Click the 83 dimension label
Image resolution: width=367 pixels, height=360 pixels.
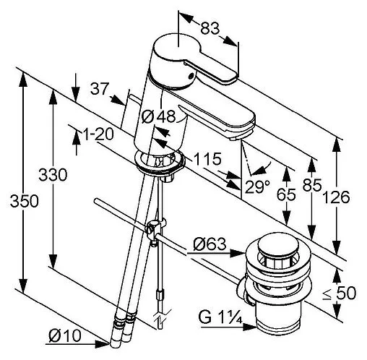(x=210, y=28)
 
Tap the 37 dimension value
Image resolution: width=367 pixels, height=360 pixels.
(x=100, y=89)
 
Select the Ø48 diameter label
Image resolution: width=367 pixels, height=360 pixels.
(x=158, y=117)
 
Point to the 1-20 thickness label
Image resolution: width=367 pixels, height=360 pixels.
(x=98, y=134)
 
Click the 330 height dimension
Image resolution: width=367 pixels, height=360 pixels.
(x=53, y=175)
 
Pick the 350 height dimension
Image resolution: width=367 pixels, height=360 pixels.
(x=24, y=201)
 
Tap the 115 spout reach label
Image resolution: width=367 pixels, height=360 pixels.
(x=207, y=159)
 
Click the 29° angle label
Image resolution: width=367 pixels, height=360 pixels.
(x=257, y=187)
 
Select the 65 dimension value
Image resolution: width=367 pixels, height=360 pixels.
(x=286, y=194)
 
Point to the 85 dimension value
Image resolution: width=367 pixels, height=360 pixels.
(x=312, y=185)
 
